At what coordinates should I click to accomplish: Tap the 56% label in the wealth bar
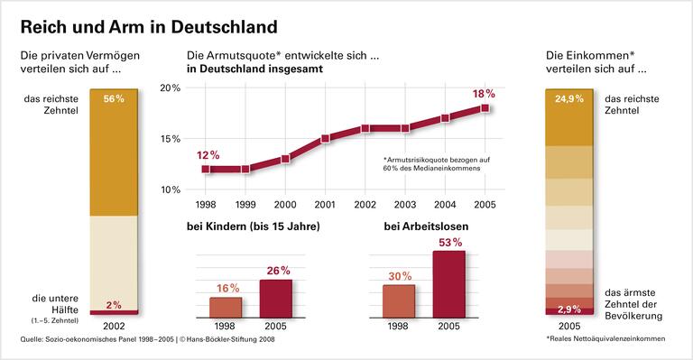(x=114, y=99)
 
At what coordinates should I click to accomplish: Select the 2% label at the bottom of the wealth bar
(x=114, y=305)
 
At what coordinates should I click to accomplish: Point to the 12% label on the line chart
(x=208, y=154)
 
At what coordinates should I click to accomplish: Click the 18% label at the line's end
(x=485, y=94)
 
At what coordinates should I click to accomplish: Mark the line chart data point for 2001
(x=325, y=139)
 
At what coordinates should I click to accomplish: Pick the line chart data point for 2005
(x=485, y=108)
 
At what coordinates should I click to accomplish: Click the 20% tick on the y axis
(x=171, y=88)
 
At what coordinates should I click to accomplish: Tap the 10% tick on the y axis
(x=171, y=189)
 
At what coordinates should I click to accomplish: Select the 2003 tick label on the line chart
(x=405, y=205)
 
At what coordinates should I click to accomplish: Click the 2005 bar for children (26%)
(x=276, y=299)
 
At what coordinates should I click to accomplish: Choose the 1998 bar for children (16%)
(x=226, y=308)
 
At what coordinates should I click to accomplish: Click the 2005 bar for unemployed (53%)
(x=449, y=283)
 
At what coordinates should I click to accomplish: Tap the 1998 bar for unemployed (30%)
(x=399, y=301)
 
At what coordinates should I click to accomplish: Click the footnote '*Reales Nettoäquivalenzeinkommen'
(x=605, y=339)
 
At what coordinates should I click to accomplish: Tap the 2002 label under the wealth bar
(x=114, y=326)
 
